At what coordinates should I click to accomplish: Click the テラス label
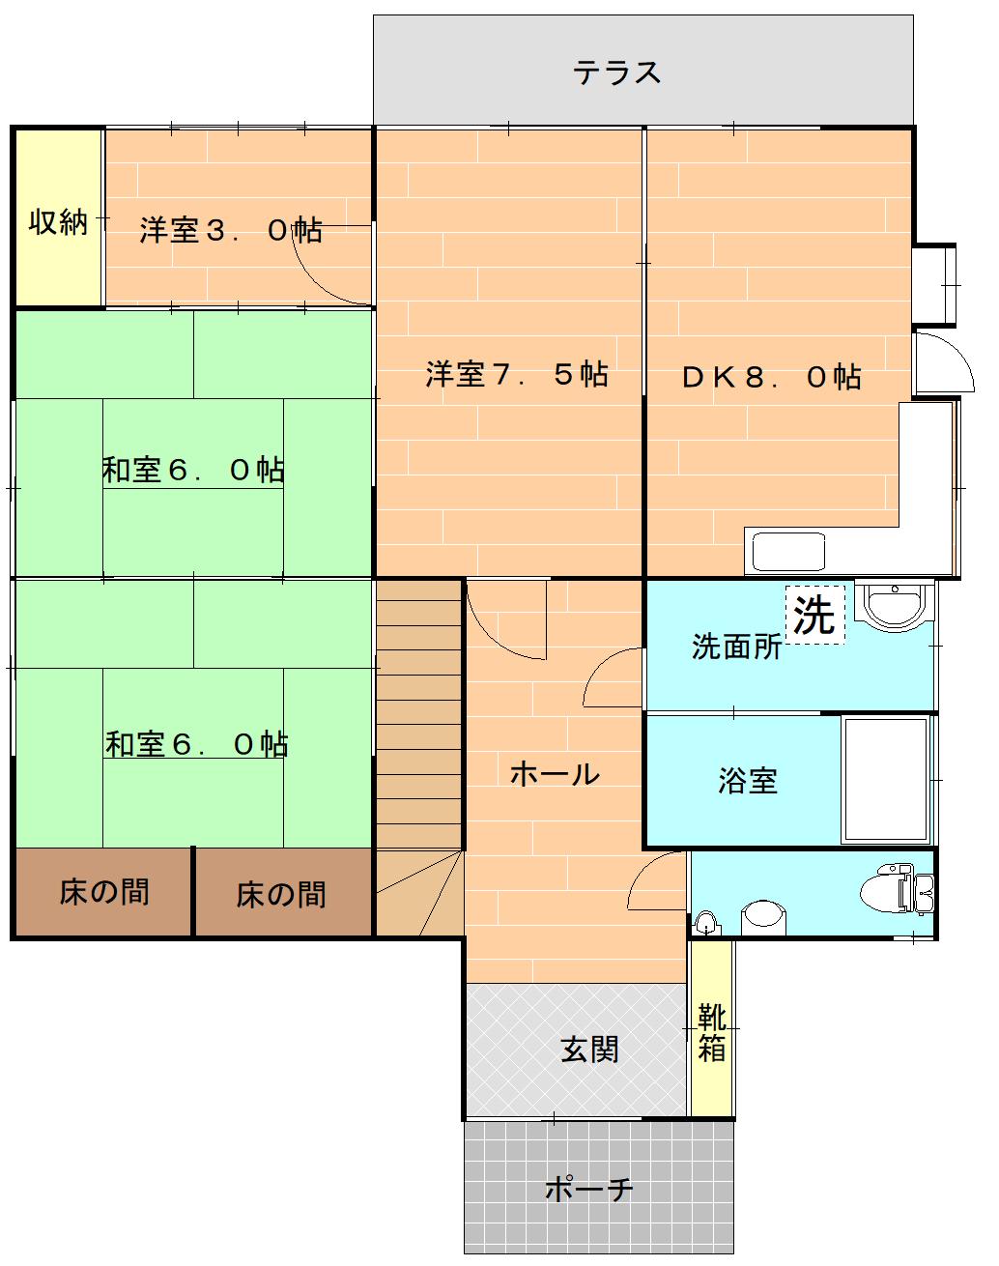[616, 72]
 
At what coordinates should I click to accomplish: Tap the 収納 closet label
[58, 222]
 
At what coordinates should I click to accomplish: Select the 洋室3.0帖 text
[231, 230]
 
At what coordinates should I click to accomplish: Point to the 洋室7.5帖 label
[517, 374]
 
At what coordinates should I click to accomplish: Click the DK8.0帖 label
[771, 377]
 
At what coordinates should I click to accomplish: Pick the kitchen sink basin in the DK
[788, 551]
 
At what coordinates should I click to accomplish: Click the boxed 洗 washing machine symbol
[814, 615]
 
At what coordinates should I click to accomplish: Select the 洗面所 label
[736, 647]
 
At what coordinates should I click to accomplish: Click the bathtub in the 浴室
[887, 781]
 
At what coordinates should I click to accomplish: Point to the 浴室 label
[748, 781]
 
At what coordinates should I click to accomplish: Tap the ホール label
[555, 774]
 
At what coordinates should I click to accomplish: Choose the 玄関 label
[589, 1050]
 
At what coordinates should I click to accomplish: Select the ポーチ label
[589, 1189]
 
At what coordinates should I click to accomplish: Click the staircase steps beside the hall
[419, 715]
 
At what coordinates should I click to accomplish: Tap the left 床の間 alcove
[103, 892]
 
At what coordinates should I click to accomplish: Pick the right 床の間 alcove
[283, 892]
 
